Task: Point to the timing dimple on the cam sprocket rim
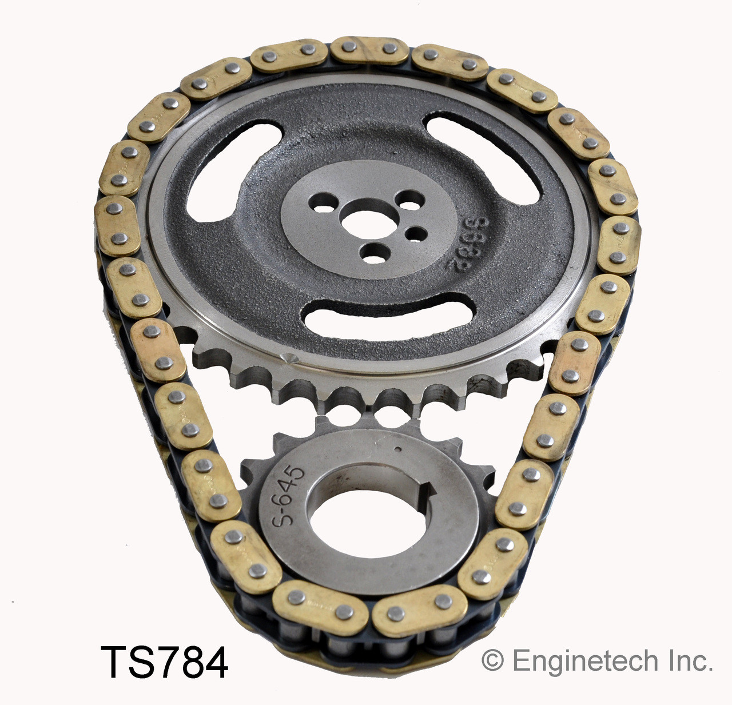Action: click(289, 359)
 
